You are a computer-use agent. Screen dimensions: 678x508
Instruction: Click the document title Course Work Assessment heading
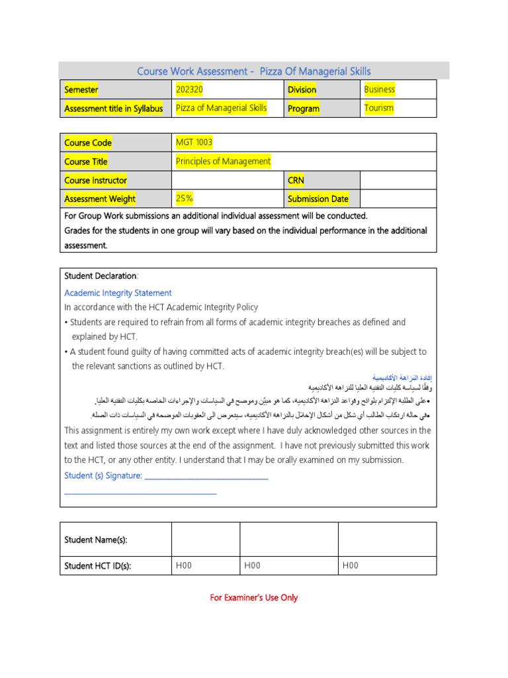[253, 71]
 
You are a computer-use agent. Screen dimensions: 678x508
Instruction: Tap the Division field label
[302, 89]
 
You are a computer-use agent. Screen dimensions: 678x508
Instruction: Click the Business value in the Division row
[379, 89]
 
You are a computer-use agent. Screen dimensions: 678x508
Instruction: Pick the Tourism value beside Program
[378, 108]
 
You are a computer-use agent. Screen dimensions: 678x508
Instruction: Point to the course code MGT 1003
[194, 142]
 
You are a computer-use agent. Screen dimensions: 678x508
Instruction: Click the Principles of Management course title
[223, 161]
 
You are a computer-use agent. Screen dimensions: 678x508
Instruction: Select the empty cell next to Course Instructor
[227, 180]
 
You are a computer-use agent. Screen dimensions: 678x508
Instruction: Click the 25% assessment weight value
[185, 198]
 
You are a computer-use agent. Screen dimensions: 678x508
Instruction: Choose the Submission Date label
[317, 199]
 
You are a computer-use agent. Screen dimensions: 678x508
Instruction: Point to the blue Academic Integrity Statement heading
[118, 293]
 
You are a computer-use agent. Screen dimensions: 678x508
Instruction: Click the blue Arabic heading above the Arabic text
[400, 375]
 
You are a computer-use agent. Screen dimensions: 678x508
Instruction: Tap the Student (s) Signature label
[103, 475]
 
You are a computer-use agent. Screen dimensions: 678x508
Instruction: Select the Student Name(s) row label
[95, 540]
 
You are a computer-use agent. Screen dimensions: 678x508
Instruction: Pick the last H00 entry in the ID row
[350, 565]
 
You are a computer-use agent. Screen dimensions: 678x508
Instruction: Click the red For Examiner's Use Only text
[253, 597]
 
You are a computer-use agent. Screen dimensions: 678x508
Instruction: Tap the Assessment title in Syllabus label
[113, 109]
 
